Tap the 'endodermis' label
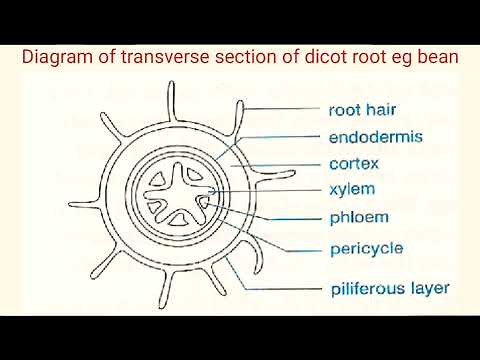[375, 136]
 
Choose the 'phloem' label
[357, 216]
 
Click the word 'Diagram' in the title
[60, 58]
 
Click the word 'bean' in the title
[437, 58]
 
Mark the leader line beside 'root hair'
[280, 109]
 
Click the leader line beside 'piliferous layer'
[285, 290]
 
